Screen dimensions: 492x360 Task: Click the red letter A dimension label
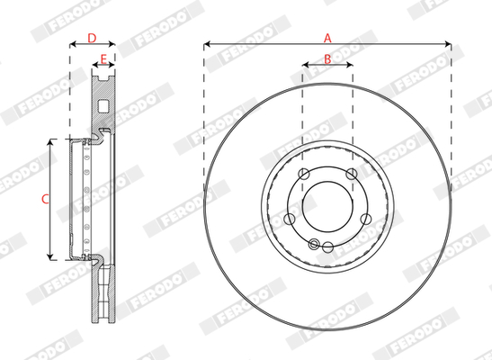tap(327, 39)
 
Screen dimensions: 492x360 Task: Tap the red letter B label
tap(327, 58)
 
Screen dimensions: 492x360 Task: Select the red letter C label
tap(45, 199)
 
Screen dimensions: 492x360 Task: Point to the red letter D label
tap(92, 39)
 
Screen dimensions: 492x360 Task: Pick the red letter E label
tap(103, 58)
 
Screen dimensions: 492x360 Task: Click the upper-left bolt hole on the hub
tap(303, 174)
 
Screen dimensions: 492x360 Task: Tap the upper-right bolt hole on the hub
tap(352, 174)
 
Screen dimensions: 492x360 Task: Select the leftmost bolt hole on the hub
tap(289, 219)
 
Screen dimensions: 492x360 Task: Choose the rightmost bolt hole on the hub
tap(366, 219)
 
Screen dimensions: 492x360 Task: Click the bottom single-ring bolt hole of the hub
tap(327, 247)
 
